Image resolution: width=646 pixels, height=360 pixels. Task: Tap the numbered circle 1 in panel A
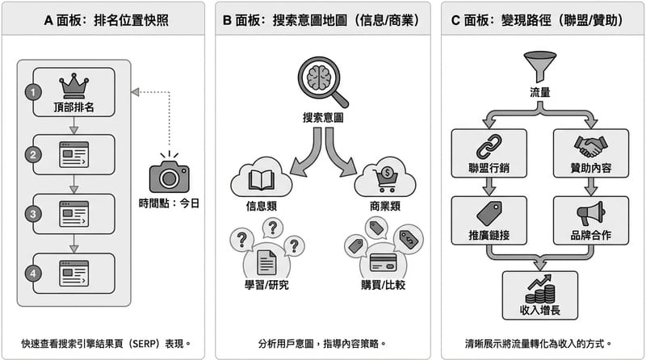coord(33,92)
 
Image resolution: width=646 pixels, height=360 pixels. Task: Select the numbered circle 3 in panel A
coord(33,214)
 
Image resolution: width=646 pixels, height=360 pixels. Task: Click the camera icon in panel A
coord(169,174)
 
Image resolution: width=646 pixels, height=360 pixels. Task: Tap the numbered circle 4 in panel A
coord(33,274)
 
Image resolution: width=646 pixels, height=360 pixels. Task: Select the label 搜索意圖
coord(323,116)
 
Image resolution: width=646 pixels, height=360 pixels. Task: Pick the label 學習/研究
coord(266,283)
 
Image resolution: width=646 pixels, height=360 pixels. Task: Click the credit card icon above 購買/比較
coord(383,262)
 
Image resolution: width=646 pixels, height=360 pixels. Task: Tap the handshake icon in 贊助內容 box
coord(590,146)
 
